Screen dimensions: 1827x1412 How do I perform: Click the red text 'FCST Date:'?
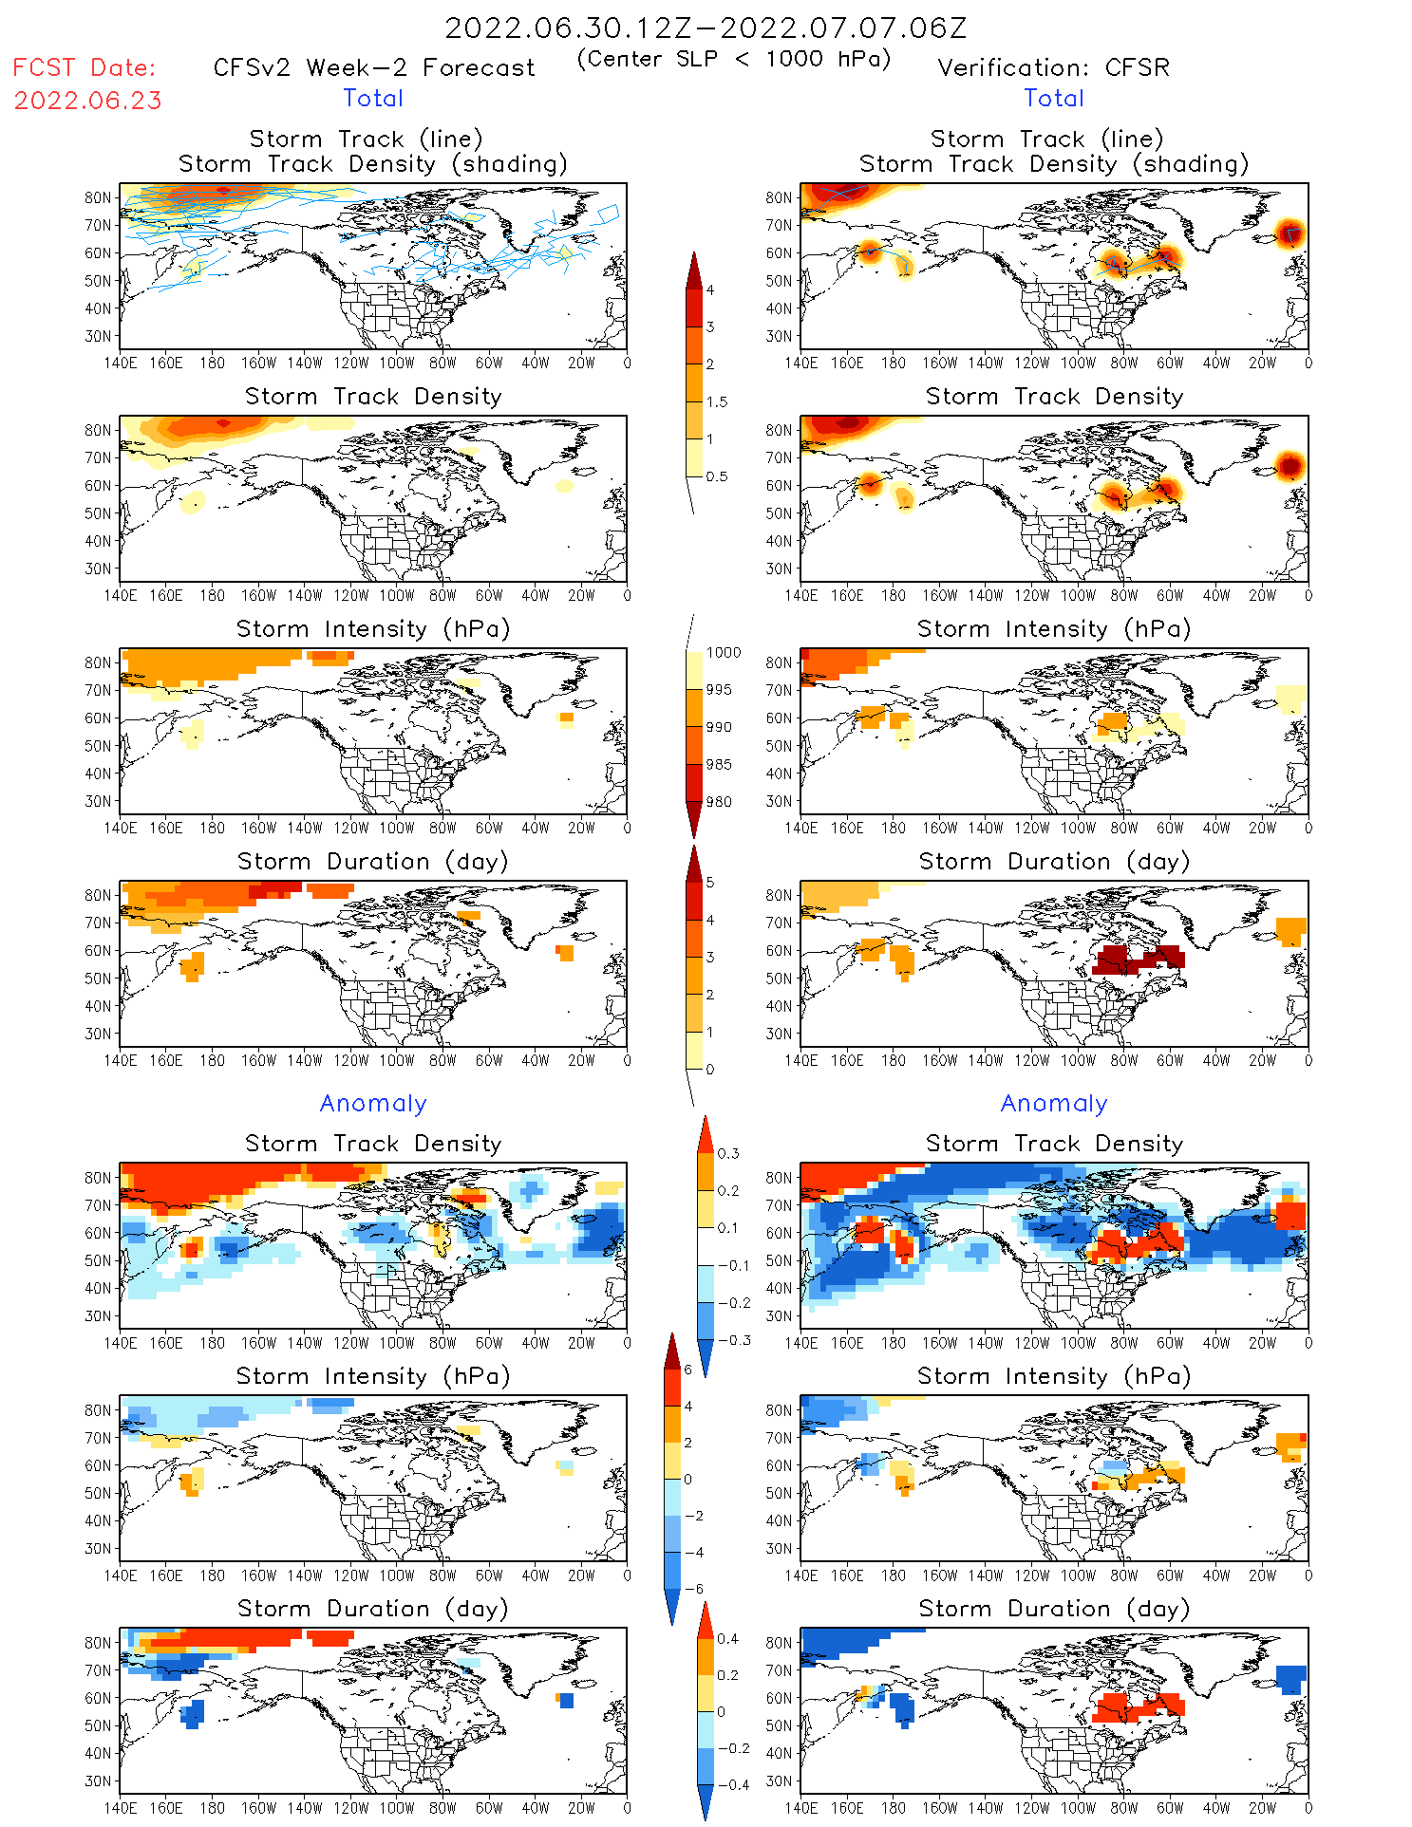(x=84, y=67)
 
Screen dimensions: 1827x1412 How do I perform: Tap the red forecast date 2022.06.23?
(x=87, y=101)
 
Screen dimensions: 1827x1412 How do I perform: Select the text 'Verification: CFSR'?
(x=1053, y=68)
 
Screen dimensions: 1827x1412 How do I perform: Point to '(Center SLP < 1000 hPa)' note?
(x=734, y=59)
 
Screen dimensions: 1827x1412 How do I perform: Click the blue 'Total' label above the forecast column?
(x=373, y=99)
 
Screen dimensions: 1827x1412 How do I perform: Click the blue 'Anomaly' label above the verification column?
(x=1054, y=1104)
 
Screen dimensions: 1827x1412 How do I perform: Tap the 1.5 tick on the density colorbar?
(x=717, y=401)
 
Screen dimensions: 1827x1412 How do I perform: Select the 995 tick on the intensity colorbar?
(x=719, y=690)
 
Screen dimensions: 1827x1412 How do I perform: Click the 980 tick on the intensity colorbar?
(x=719, y=802)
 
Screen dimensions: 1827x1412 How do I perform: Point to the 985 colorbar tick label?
(x=719, y=765)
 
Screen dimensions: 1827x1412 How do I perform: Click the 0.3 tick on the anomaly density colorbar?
(x=727, y=1154)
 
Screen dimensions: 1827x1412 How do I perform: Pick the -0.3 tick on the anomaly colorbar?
(x=733, y=1340)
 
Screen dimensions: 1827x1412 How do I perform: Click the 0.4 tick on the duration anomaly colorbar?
(x=727, y=1639)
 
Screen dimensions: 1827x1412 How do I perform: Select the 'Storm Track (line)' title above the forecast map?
(x=366, y=140)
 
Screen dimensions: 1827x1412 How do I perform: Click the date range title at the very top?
(x=706, y=28)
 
